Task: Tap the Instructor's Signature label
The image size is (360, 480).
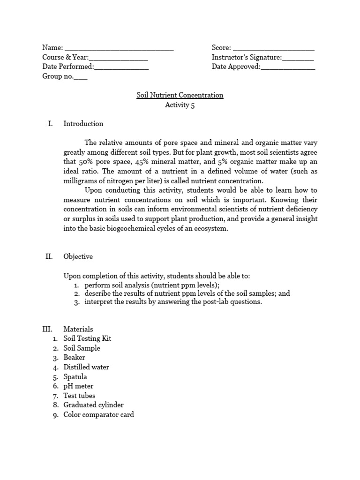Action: click(247, 57)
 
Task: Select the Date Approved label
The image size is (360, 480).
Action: click(236, 67)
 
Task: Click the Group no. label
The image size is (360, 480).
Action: click(58, 76)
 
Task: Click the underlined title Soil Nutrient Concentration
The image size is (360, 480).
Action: click(180, 95)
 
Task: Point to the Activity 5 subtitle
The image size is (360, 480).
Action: click(180, 105)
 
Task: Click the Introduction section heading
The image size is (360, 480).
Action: click(83, 124)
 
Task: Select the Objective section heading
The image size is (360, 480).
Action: click(78, 256)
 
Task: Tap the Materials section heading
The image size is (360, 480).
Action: click(78, 329)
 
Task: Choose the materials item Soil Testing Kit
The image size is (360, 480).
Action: click(87, 338)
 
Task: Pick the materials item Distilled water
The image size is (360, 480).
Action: click(86, 367)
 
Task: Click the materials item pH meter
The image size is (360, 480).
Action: click(78, 386)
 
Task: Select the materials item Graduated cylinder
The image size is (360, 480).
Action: click(93, 405)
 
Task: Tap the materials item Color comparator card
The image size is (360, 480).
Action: click(98, 414)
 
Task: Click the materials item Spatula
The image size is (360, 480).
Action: click(75, 377)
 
